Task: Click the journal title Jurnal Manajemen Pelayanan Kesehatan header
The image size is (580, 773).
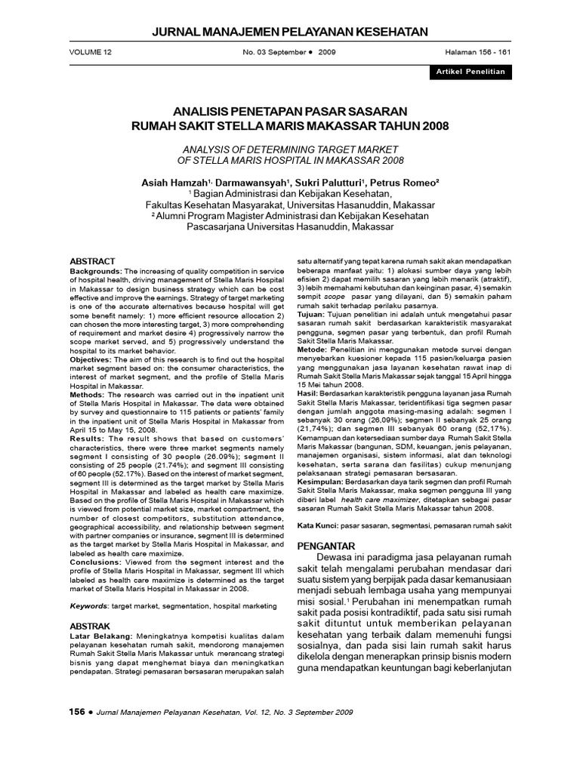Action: coord(290,31)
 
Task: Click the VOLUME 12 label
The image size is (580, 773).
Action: coord(90,53)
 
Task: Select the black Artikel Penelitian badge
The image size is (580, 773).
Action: coord(468,72)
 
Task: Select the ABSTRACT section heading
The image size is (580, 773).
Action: coord(93,260)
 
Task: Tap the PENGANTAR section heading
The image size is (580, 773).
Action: coord(328,545)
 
